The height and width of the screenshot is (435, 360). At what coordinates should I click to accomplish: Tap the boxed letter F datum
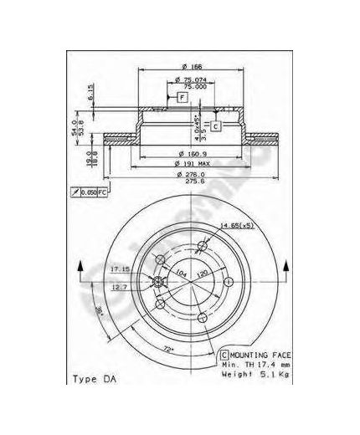click(x=181, y=98)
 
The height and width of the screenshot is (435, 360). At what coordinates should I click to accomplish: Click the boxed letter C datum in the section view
click(x=215, y=126)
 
